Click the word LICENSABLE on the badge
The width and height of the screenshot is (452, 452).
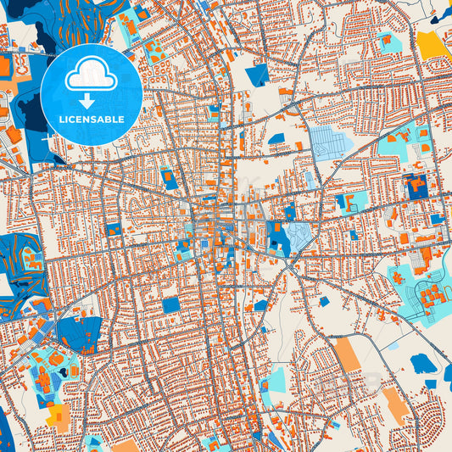tap(91, 120)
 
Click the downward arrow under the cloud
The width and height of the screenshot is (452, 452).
tap(91, 98)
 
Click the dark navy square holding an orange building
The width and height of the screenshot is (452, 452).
tap(416, 187)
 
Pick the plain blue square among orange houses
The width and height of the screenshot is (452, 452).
tap(171, 304)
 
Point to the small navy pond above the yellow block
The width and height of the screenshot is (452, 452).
tap(441, 16)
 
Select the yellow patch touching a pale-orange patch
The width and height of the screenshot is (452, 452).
tap(58, 414)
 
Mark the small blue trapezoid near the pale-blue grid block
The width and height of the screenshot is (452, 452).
tap(276, 138)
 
